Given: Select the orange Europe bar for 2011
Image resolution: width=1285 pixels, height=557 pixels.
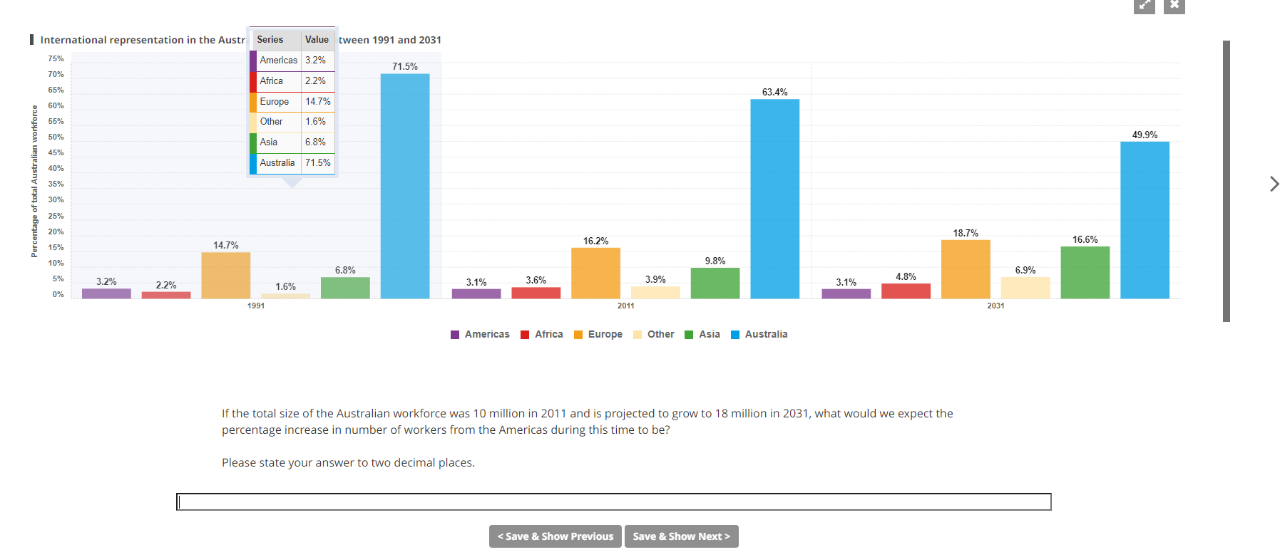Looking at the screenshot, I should [595, 274].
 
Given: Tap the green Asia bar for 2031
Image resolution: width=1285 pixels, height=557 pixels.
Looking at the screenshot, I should [1085, 273].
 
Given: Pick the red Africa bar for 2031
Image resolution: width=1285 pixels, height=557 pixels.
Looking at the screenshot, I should [906, 291].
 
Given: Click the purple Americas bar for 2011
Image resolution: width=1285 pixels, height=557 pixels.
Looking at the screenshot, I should [476, 293].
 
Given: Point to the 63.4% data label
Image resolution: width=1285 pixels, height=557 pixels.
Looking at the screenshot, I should [774, 93].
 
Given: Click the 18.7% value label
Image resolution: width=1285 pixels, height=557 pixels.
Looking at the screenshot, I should [966, 234].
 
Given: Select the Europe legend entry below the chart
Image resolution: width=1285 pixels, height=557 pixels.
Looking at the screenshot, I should [598, 335].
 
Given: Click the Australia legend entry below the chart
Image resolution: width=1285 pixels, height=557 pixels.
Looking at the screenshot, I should [759, 335].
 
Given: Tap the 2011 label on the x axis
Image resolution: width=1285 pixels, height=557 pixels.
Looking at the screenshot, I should [625, 306].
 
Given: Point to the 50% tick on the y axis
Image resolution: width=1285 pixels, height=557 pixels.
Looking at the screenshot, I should [56, 137].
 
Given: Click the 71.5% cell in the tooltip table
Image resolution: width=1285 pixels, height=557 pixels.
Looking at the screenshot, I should [318, 163].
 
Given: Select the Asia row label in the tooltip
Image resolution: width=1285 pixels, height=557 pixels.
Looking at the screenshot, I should [269, 142].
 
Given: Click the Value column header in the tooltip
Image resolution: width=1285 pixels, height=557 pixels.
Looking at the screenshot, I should [317, 40].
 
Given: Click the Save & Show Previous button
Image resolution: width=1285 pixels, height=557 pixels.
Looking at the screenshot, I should [556, 536].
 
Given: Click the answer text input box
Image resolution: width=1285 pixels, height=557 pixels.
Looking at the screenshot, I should [613, 502].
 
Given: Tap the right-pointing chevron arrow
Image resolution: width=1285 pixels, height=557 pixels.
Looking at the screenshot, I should [1274, 184].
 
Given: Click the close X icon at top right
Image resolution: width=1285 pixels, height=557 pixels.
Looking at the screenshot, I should [1174, 6].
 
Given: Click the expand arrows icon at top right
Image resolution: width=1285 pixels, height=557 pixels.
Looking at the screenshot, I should [1144, 6].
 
